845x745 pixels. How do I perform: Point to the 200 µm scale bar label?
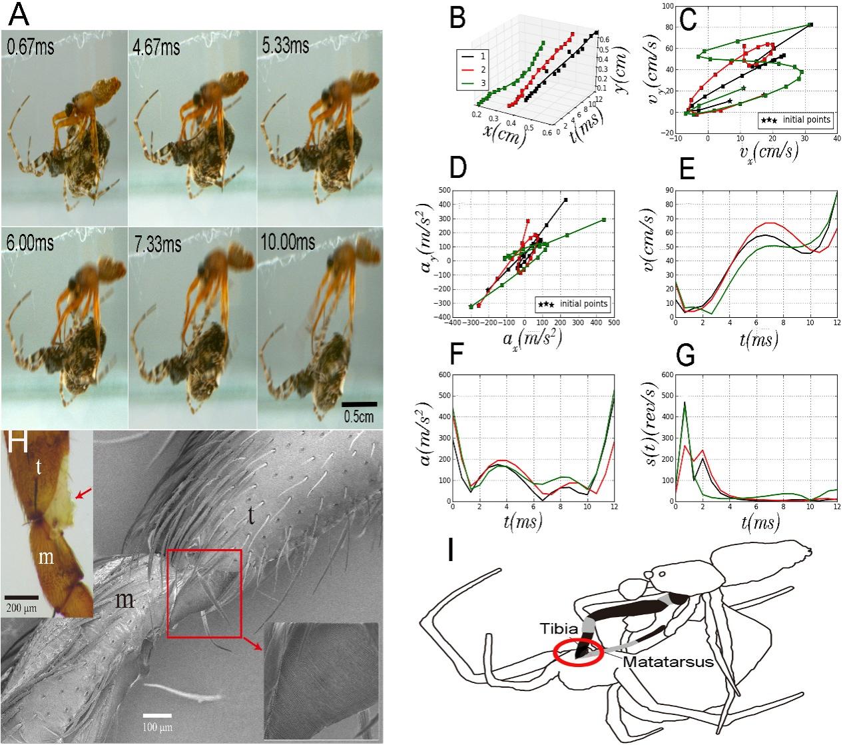pyautogui.click(x=22, y=608)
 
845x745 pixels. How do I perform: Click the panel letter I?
pyautogui.click(x=452, y=552)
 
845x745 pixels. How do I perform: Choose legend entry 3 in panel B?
pyautogui.click(x=475, y=83)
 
